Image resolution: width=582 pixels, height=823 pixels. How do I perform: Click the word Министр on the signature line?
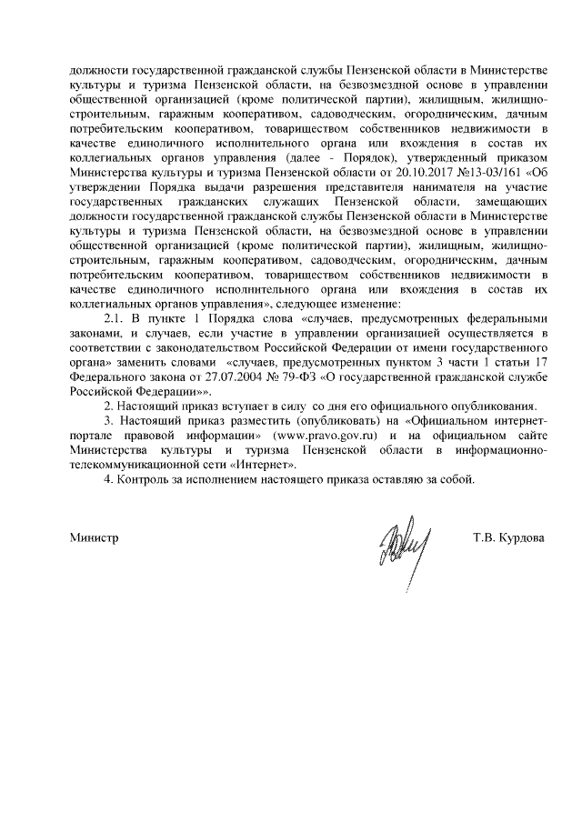tap(95, 537)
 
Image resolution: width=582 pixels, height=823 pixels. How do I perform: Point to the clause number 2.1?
tap(115, 319)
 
